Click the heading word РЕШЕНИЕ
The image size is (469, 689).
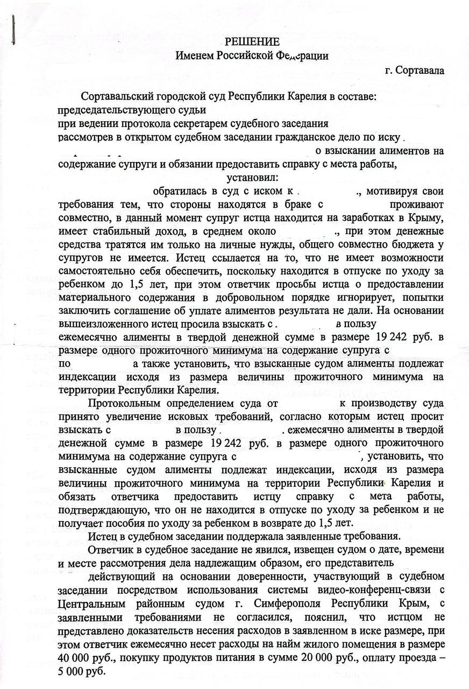coord(252,42)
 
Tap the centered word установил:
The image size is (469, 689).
coord(252,178)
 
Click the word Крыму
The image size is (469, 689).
coord(424,219)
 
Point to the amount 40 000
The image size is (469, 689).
coord(76,658)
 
